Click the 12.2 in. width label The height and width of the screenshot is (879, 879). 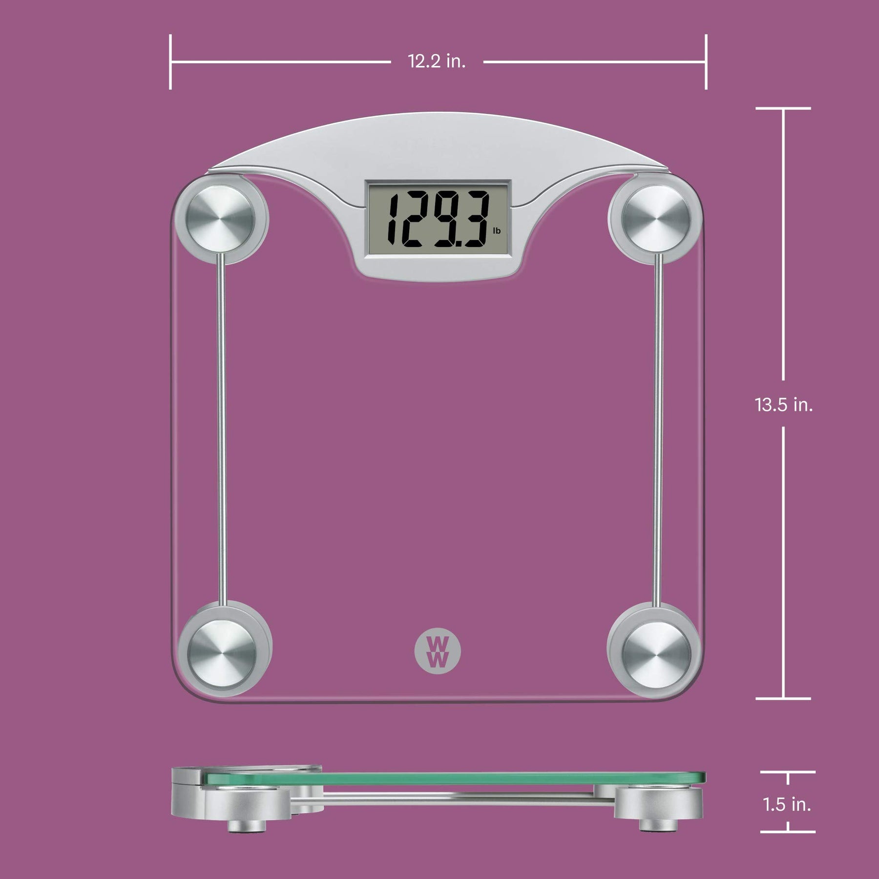coord(437,62)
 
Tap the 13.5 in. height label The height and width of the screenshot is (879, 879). coord(784,404)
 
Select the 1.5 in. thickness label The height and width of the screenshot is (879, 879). coord(787,804)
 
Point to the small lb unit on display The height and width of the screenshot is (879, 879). coord(497,230)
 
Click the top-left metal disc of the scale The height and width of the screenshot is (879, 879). coord(219,218)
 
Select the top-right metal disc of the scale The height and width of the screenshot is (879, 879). coord(657,218)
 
